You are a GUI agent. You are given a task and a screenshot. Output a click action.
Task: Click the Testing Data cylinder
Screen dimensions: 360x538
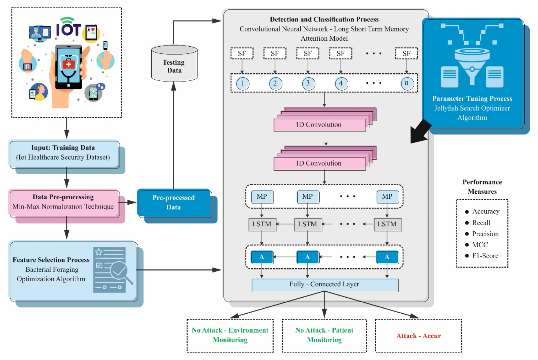pos(174,64)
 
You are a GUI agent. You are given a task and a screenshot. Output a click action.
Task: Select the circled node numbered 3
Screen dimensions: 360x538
pos(308,83)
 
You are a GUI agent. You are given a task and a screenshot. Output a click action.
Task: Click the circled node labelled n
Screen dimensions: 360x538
pos(407,83)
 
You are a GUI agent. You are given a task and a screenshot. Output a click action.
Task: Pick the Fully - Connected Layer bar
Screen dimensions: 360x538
pos(325,285)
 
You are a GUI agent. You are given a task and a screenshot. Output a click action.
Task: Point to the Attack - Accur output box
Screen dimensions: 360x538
pos(418,336)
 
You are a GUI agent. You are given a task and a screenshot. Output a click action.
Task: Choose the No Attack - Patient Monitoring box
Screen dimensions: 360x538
pos(324,335)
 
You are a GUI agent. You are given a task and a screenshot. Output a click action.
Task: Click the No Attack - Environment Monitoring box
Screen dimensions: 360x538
pos(230,335)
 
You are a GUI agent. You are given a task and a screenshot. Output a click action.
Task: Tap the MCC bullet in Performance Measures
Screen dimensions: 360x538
pos(480,245)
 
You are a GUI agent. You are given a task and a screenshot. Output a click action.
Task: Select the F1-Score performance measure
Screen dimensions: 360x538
pos(485,256)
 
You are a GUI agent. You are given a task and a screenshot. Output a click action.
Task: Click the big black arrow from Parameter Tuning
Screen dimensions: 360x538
pos(420,132)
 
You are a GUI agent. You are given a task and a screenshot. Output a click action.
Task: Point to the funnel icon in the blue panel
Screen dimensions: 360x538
pos(472,64)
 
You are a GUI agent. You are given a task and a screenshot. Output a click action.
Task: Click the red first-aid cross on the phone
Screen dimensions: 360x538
pos(69,64)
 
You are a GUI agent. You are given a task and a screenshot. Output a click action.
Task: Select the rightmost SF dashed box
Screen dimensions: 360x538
pos(406,54)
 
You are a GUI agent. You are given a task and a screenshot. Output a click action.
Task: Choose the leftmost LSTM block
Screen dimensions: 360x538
pos(262,224)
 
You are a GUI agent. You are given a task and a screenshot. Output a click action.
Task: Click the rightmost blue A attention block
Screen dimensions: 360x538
pos(387,257)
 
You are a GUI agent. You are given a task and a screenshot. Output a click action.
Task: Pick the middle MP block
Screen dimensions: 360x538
pos(308,197)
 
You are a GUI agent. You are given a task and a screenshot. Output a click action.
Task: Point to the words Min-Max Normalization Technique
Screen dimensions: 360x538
pos(63,207)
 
